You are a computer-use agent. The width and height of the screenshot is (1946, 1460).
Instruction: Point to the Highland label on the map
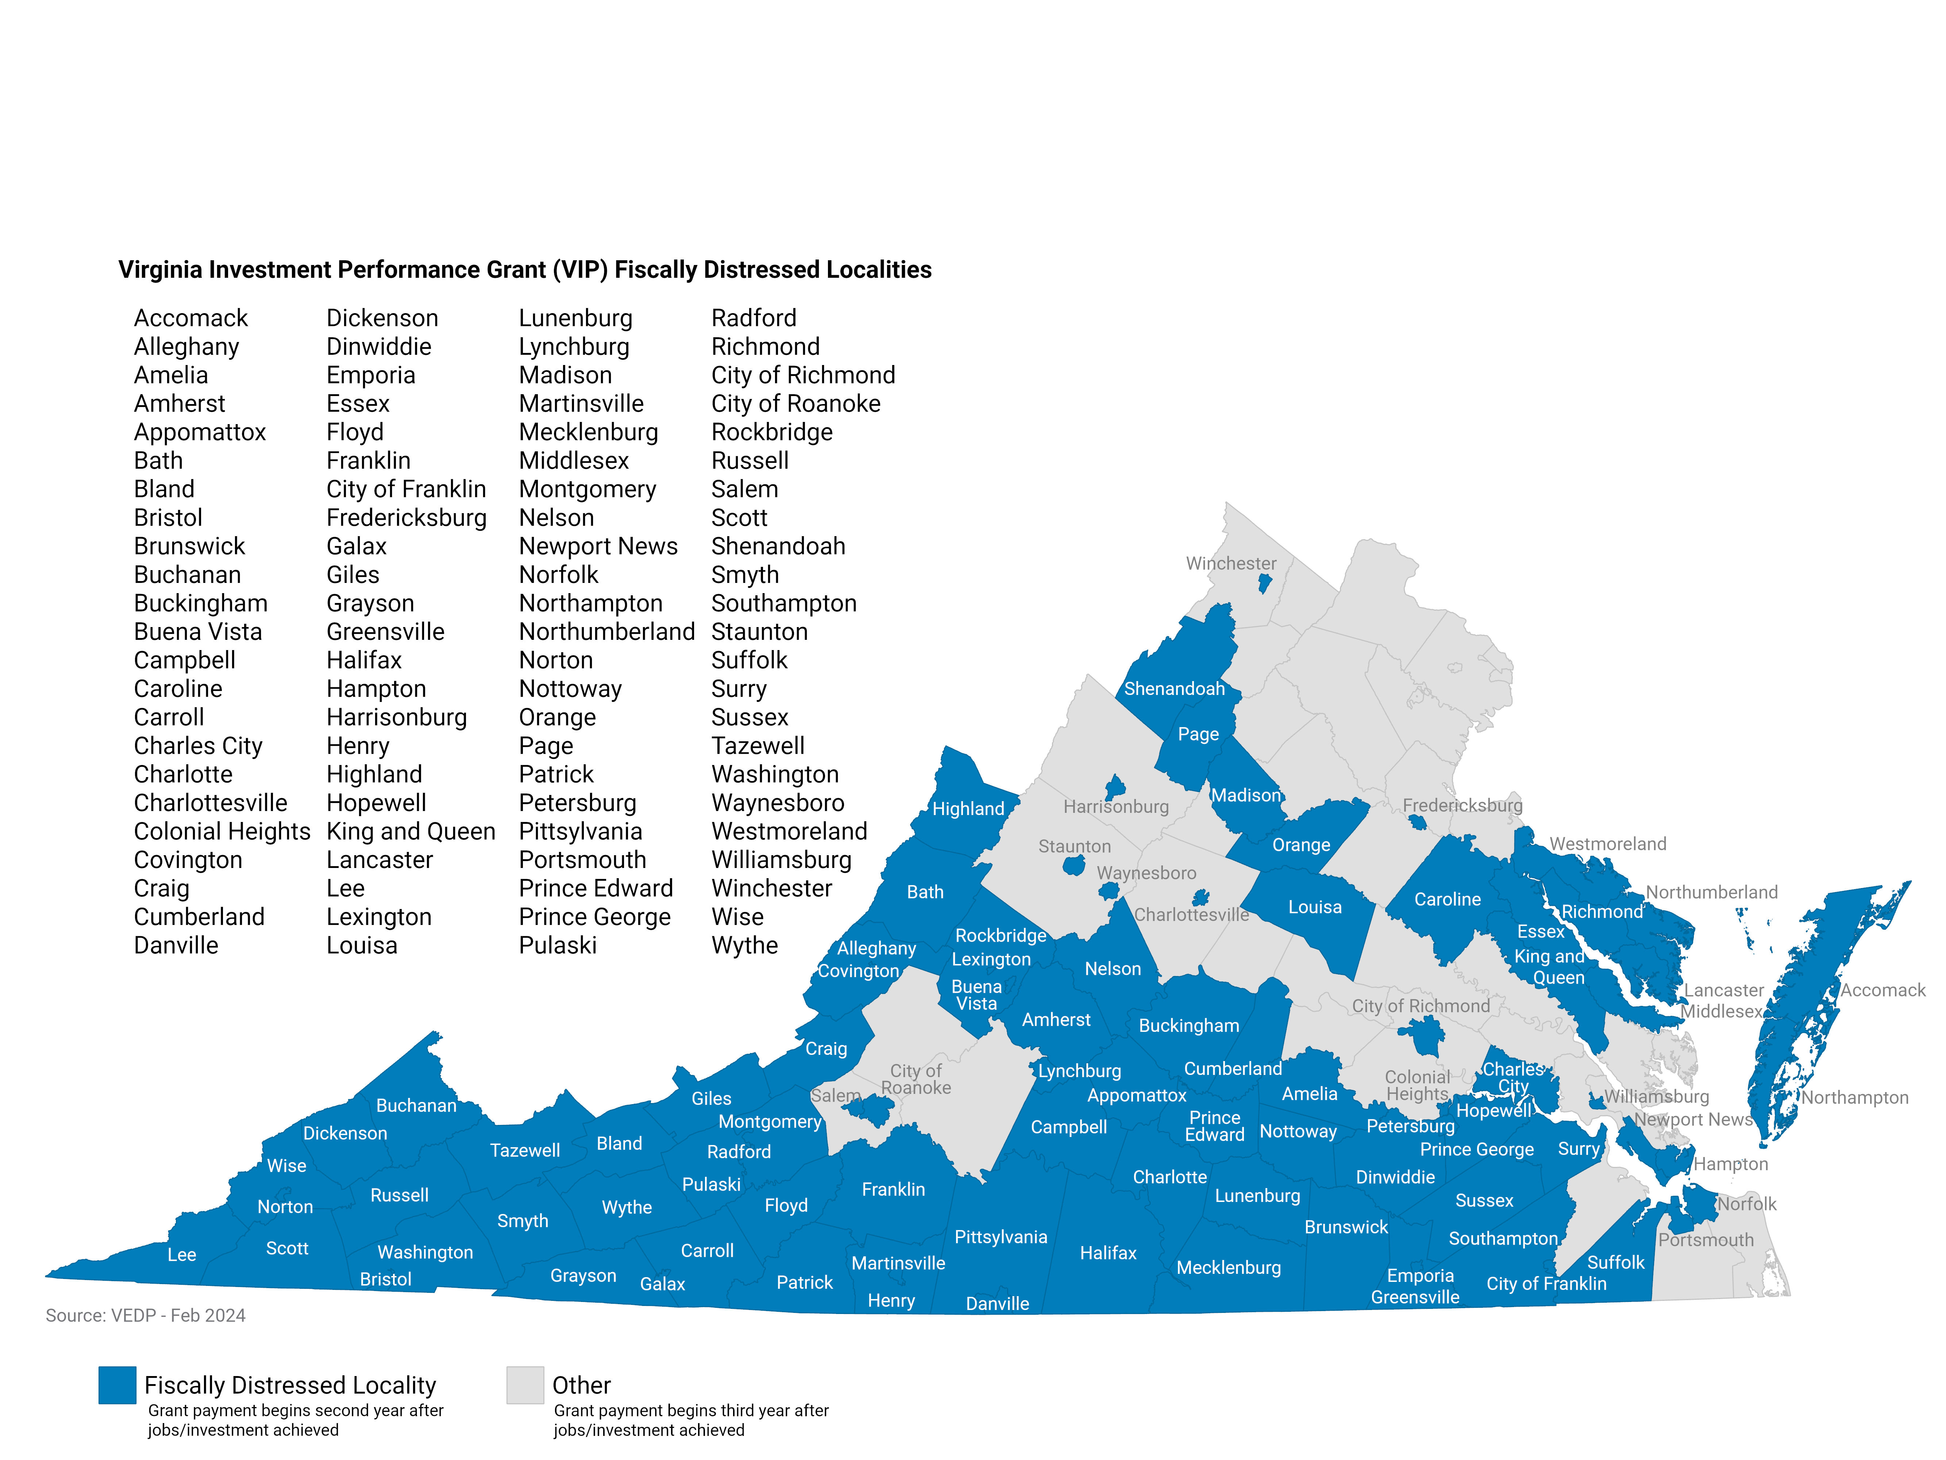[x=968, y=809]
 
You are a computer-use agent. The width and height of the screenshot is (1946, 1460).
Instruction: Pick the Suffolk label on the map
[x=1615, y=1262]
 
